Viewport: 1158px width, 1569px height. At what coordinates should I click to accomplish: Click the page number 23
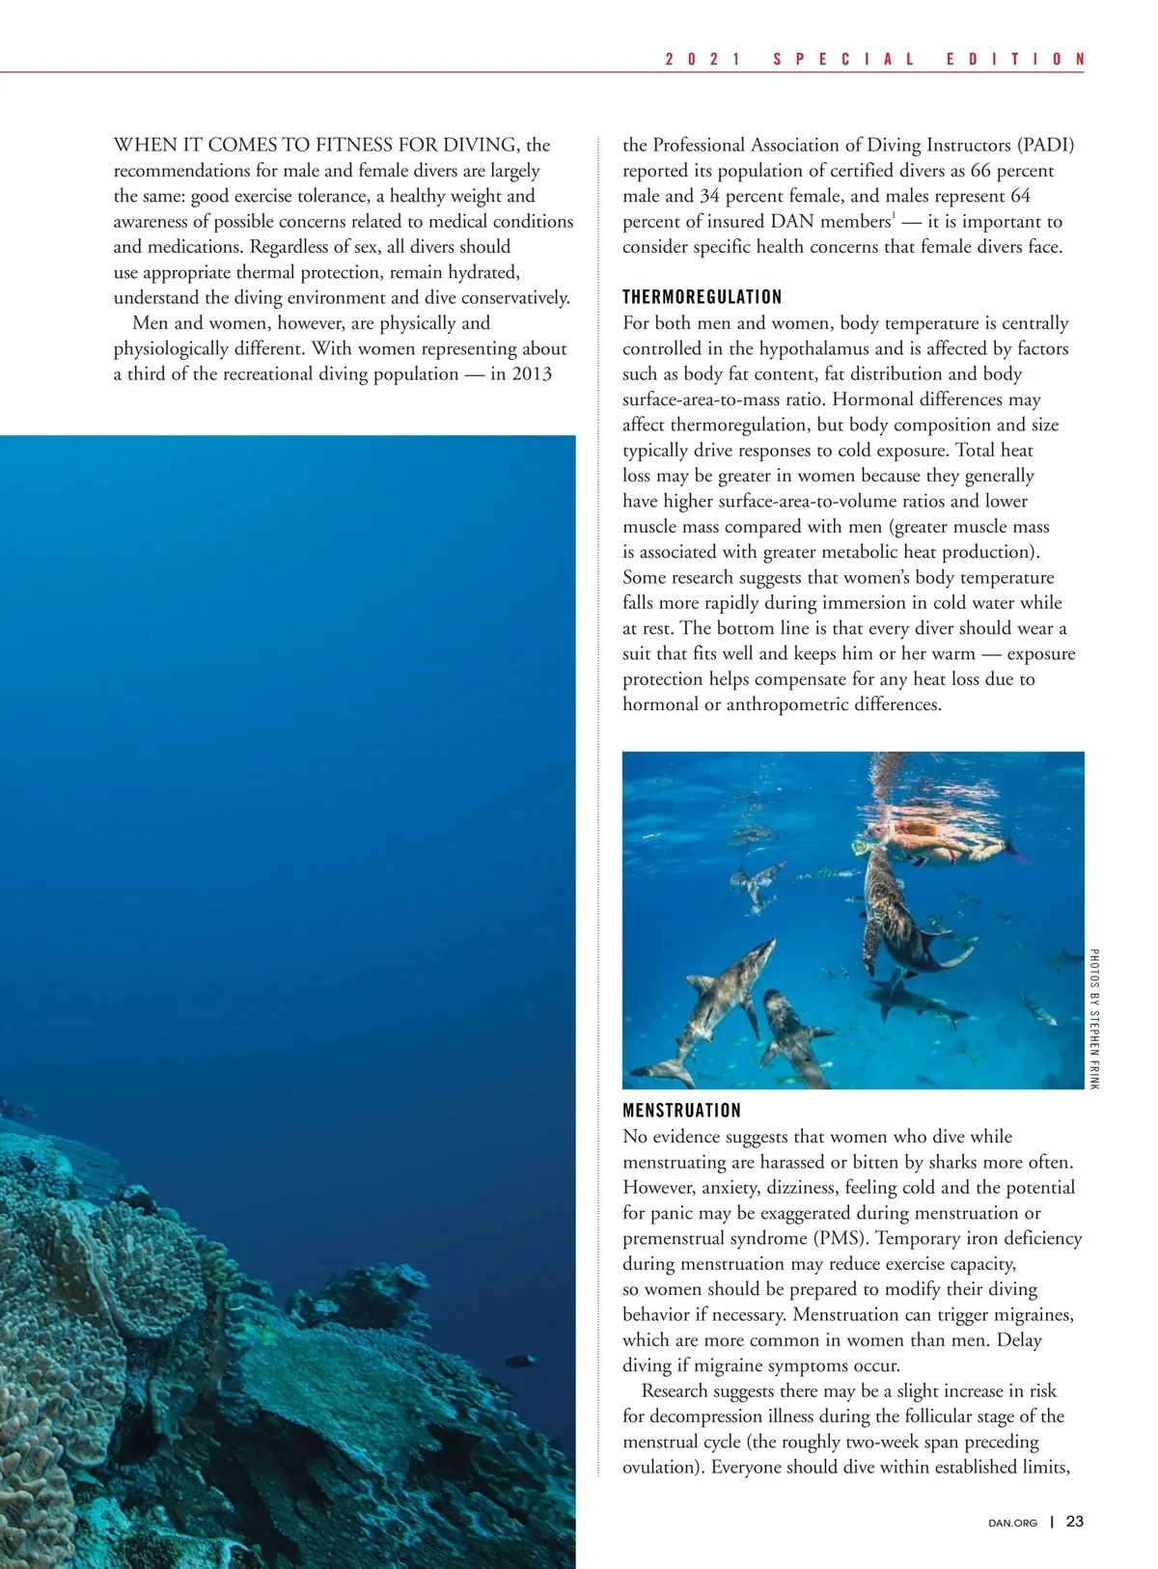1074,1522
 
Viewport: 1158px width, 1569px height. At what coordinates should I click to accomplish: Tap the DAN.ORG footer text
1012,1523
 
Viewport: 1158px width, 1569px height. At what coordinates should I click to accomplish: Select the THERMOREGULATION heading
702,296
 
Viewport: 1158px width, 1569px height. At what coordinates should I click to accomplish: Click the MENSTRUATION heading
681,1110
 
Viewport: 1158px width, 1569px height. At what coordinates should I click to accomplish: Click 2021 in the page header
703,59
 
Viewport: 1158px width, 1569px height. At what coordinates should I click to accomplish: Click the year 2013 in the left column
532,373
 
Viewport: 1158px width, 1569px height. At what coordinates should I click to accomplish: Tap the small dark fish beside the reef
520,1361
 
